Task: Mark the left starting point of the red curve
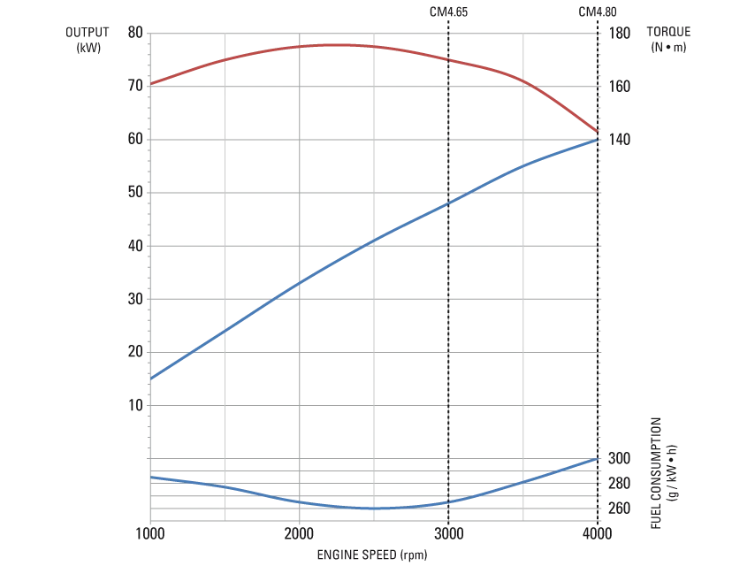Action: click(x=151, y=84)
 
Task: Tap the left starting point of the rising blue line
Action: click(x=151, y=379)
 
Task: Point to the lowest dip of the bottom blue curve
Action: click(x=376, y=509)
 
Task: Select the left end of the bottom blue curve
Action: click(x=151, y=477)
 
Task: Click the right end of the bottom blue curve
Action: click(x=599, y=459)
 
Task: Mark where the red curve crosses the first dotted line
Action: click(x=450, y=60)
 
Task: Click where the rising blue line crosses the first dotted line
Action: click(x=450, y=203)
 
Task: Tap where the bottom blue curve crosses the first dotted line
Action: click(x=450, y=502)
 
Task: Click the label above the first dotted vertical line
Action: click(x=450, y=12)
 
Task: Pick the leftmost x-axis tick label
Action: click(x=151, y=535)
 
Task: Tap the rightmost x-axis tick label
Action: click(x=599, y=535)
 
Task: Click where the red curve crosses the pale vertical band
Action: click(x=523, y=82)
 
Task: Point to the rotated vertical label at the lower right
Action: click(x=660, y=473)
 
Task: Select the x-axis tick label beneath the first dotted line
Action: click(x=450, y=535)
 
